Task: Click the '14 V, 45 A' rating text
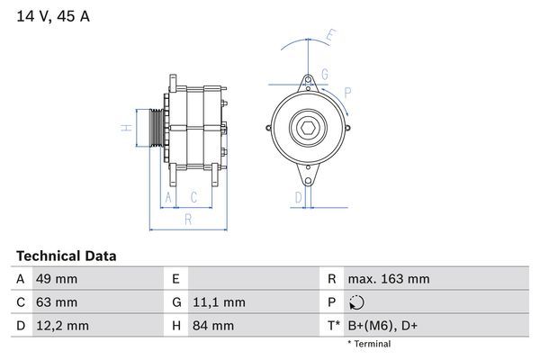tap(52, 16)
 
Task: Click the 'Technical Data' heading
tap(66, 256)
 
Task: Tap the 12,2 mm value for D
tap(60, 326)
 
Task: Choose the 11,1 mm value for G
tap(219, 302)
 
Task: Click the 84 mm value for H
tap(211, 326)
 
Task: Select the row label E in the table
tap(175, 279)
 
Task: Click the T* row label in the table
tap(334, 326)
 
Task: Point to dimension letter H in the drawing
tap(123, 126)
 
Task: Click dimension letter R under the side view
tap(187, 219)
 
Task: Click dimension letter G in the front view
tap(324, 74)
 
